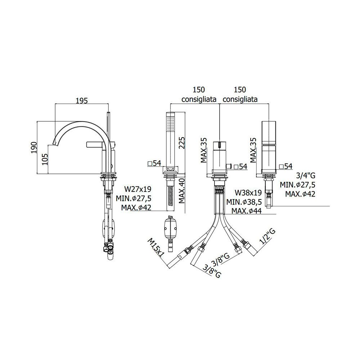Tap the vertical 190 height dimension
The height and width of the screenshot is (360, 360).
[x=34, y=147]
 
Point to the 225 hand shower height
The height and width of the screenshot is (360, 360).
[x=181, y=143]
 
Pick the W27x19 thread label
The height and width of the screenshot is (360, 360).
[x=138, y=189]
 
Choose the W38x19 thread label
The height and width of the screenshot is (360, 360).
[x=248, y=192]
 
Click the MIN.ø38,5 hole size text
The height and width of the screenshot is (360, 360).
[x=244, y=202]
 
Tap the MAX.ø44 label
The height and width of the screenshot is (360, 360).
[x=247, y=211]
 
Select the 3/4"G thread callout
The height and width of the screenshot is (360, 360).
[x=306, y=175]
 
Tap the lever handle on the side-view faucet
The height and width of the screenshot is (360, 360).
[x=95, y=144]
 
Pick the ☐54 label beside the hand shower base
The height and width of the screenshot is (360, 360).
[x=155, y=163]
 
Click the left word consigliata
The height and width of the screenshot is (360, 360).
[x=199, y=99]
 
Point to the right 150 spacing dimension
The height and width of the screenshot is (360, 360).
[x=240, y=89]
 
